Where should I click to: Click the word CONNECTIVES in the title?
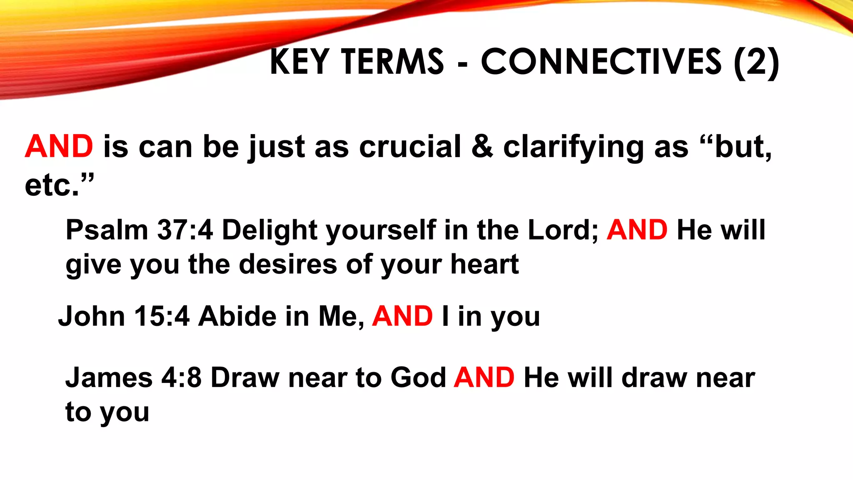click(x=601, y=62)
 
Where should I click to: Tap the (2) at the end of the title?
click(x=756, y=62)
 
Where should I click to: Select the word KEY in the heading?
click(x=300, y=62)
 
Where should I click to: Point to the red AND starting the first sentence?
click(x=59, y=147)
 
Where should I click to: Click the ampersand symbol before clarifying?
click(x=482, y=147)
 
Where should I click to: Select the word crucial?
click(x=410, y=147)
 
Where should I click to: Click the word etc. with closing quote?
click(x=59, y=185)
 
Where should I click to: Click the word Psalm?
click(x=107, y=230)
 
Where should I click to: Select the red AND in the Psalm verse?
click(x=637, y=230)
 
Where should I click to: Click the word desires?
click(x=288, y=264)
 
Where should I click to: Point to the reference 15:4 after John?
click(x=162, y=316)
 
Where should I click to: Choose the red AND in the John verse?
click(x=402, y=316)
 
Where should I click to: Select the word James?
click(x=109, y=378)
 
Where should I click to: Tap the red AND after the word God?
click(x=484, y=378)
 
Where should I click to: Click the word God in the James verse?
click(x=418, y=378)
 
